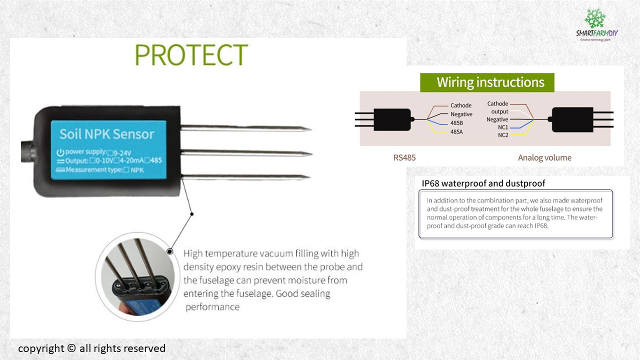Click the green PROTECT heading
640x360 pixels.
point(191,55)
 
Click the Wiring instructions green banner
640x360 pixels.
point(487,82)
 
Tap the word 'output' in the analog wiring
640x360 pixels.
point(499,111)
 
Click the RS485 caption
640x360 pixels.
point(404,157)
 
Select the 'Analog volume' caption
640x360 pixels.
point(544,157)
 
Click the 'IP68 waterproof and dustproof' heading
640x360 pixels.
point(483,183)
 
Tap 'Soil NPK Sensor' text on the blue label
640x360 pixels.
point(106,134)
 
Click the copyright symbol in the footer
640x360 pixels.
point(71,348)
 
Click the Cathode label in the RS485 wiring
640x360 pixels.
point(460,105)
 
